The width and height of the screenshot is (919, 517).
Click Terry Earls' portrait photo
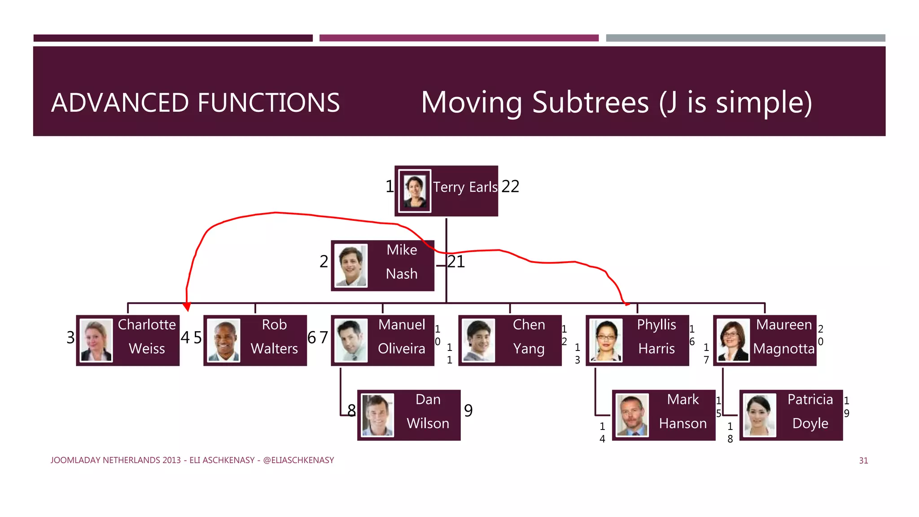coord(415,191)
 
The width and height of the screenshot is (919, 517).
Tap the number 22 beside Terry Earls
coord(510,186)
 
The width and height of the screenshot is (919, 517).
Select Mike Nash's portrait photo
coord(351,266)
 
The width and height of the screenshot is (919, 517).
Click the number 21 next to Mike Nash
coord(456,262)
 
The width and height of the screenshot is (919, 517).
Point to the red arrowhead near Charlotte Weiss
coord(187,307)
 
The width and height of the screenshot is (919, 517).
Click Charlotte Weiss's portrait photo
coord(96,340)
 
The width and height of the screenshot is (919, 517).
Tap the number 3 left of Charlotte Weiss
coord(70,337)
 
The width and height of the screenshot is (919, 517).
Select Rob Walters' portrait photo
coord(223,340)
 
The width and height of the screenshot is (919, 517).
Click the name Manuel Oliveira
coord(401,337)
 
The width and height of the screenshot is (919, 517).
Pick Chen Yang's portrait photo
coord(478,340)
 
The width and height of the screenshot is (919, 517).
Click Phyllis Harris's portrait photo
coord(606,340)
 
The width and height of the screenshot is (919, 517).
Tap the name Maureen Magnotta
coord(783,337)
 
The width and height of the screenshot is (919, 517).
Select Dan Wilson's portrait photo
coord(377,415)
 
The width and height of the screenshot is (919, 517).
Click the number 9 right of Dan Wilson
coord(468,411)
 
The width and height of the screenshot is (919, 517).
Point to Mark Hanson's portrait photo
coord(632,415)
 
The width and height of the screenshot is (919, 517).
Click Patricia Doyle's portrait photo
coord(759,415)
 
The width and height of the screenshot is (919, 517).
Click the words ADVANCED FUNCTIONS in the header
coord(195,103)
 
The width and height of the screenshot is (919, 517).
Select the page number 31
coord(863,460)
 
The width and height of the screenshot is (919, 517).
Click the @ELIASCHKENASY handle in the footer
coord(298,460)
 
